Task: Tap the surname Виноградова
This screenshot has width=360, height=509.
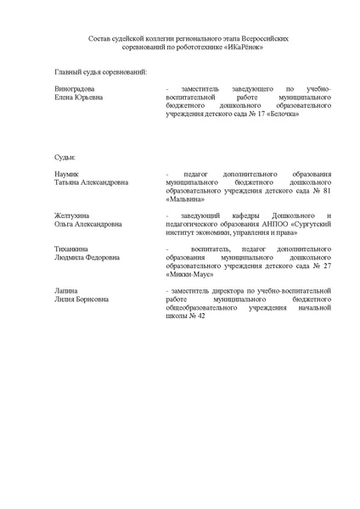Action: (74, 88)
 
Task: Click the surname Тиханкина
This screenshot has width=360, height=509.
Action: (72, 249)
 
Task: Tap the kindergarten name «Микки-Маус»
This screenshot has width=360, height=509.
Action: (193, 274)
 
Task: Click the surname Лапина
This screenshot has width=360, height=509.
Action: (65, 291)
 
